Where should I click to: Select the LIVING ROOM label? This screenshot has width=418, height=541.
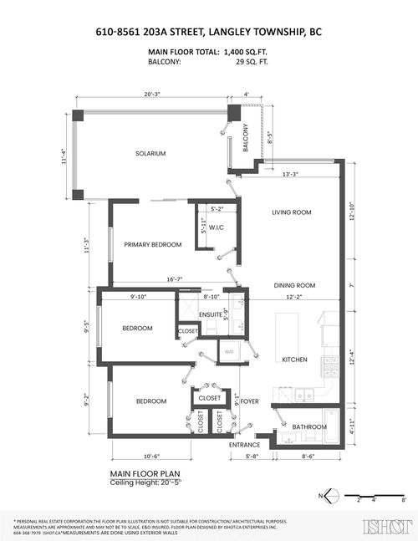tap(291, 212)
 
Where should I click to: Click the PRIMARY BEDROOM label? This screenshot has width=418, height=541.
tap(152, 244)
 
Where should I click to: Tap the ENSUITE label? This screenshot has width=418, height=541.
tap(211, 314)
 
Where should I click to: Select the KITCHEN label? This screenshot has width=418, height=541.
tap(294, 360)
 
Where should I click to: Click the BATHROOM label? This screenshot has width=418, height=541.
tap(309, 426)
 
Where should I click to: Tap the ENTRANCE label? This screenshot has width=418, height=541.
tap(245, 444)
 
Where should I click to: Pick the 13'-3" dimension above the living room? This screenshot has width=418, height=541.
tap(292, 174)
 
